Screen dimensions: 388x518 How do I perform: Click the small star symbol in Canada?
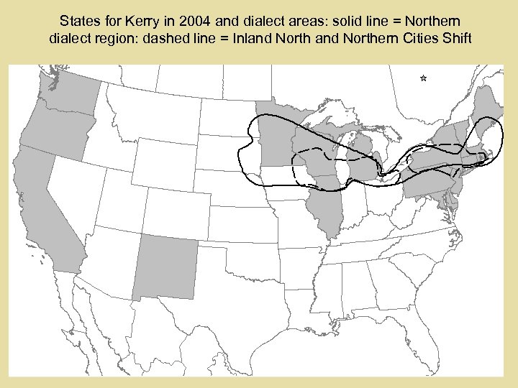[423, 78]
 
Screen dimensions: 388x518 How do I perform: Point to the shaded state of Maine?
[488, 108]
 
